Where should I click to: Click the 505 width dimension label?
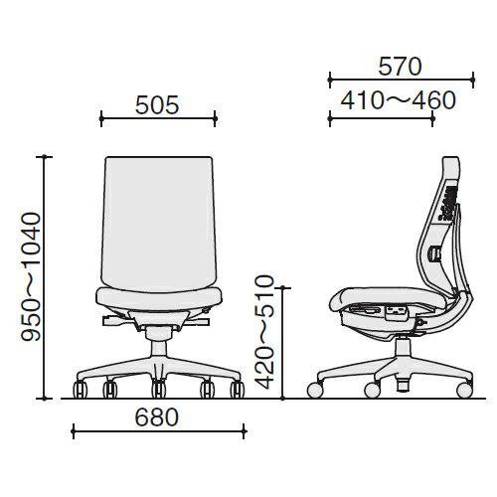[157, 105]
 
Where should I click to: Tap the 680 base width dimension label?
[157, 417]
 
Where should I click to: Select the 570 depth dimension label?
[400, 67]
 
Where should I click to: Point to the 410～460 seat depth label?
[399, 100]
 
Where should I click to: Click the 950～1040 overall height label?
[31, 277]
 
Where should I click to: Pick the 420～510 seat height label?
[264, 332]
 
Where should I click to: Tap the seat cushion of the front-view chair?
[159, 299]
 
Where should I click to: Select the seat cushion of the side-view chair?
[389, 298]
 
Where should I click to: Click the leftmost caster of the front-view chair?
[80, 389]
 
